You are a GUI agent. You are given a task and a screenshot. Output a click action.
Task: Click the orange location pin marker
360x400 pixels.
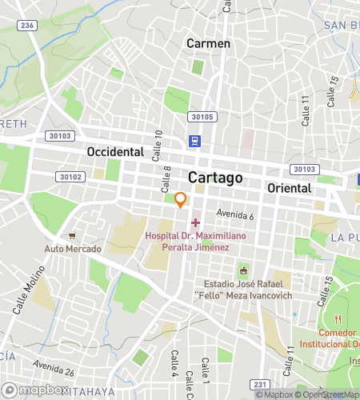tap(182, 200)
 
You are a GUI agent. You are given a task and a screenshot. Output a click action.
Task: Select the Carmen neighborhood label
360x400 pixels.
tap(208, 43)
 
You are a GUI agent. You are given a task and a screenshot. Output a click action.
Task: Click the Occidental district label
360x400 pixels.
tap(114, 151)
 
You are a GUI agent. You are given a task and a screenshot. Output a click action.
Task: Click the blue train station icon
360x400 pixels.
tap(194, 142)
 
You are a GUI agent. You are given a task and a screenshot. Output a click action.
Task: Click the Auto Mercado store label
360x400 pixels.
tap(72, 249)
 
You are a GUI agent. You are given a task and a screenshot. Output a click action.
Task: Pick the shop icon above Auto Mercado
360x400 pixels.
tap(72, 236)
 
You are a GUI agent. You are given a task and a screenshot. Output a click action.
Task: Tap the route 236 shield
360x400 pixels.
tap(28, 26)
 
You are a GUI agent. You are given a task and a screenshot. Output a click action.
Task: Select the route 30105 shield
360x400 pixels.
tap(202, 117)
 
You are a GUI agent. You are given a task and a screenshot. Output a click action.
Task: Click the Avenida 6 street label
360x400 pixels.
tap(234, 215)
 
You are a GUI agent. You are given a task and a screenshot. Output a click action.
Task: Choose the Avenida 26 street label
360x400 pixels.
tap(53, 370)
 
